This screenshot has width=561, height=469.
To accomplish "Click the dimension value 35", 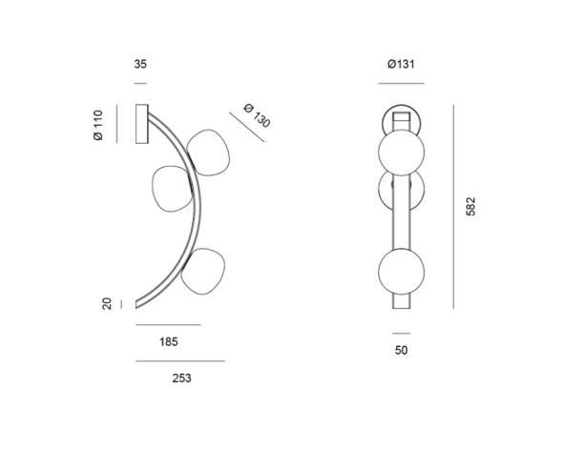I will tap(141, 65).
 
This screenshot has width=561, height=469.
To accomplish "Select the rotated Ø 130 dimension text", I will tap(256, 115).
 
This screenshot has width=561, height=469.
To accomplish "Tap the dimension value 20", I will tap(107, 303).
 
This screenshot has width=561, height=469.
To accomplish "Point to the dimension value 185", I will tap(167, 340).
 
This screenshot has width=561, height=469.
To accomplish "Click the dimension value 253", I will tap(181, 377).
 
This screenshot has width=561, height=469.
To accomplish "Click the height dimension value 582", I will tap(470, 207).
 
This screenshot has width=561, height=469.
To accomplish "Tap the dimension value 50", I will tap(401, 350).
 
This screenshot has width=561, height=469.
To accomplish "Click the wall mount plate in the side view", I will tap(143, 125).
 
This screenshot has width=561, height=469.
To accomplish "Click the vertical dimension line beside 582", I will tap(451, 207).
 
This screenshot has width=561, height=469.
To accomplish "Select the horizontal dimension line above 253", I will tap(180, 361).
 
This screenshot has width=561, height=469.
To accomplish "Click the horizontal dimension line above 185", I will tap(168, 325).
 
